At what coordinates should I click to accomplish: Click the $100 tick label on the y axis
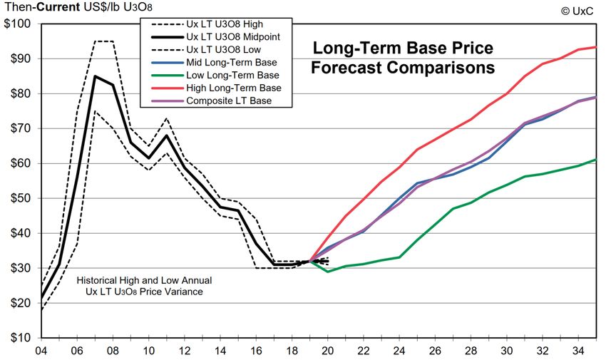17,24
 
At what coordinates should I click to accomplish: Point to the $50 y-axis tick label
19,198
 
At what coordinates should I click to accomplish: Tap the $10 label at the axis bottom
19,338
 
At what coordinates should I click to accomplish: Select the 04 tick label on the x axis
41,351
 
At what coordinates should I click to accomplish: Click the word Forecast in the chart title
349,69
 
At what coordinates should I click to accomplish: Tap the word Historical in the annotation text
100,281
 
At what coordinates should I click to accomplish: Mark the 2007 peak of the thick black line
95,76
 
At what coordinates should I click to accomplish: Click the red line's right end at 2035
595,47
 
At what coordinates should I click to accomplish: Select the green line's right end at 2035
595,160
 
